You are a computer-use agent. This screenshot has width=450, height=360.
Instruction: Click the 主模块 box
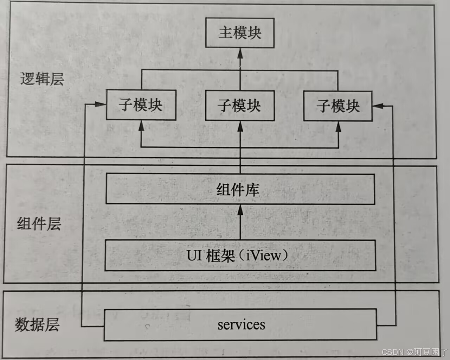point(240,33)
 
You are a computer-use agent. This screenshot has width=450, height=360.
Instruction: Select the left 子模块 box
point(141,105)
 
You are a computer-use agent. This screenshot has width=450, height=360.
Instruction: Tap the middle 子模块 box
point(240,106)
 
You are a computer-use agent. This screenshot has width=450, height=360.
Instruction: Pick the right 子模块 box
point(338,106)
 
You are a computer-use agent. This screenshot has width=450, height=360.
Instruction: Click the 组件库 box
point(240,190)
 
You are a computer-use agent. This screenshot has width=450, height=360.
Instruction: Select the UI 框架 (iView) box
point(240,255)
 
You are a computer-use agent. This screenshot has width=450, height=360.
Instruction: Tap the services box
point(240,324)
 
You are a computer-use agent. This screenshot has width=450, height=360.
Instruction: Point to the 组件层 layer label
point(39,224)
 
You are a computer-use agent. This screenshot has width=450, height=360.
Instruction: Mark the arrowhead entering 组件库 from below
point(240,210)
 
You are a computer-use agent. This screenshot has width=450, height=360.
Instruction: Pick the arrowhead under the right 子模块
point(338,127)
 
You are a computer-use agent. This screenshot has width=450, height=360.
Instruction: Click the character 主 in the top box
point(225,33)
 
